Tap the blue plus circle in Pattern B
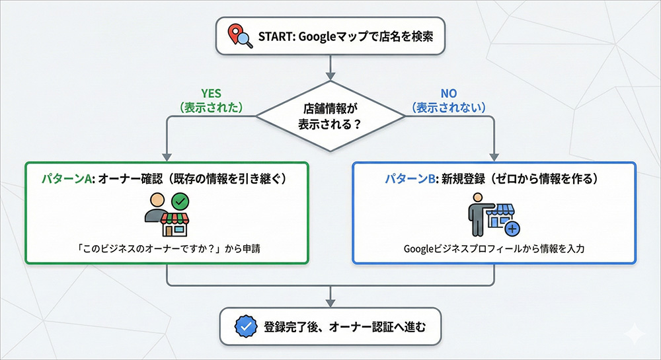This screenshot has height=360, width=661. (x=512, y=229)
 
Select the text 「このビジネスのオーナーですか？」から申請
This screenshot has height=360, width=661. (x=167, y=249)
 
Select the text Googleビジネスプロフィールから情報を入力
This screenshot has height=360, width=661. (x=494, y=249)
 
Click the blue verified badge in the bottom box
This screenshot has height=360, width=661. (x=245, y=326)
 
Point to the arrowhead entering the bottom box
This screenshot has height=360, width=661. (x=330, y=303)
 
